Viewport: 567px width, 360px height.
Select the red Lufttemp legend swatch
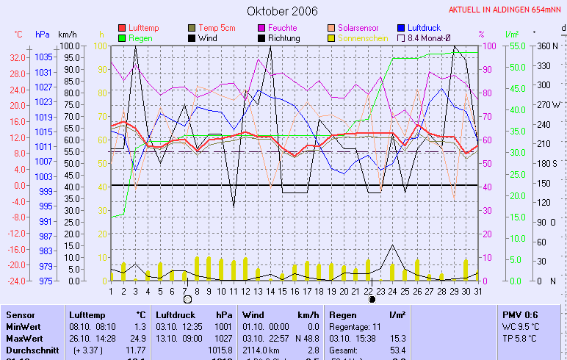(122, 28)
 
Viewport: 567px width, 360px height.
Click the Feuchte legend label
(283, 28)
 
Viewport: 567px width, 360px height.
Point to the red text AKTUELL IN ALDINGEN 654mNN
(506, 10)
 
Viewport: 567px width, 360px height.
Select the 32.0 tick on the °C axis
(18, 57)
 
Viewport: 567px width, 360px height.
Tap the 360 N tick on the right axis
(547, 46)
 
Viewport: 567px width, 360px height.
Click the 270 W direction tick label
(548, 104)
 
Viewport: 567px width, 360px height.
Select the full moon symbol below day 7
(187, 299)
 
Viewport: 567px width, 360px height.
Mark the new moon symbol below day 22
(372, 299)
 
